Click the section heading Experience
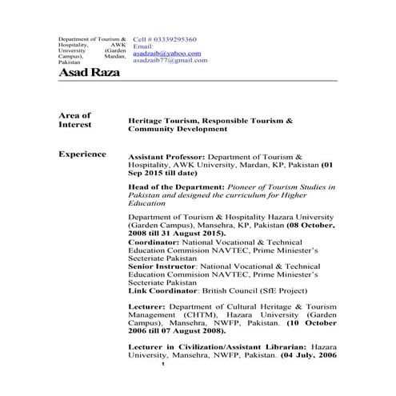pos(82,153)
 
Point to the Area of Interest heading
pos(75,120)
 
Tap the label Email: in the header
pos(142,46)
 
